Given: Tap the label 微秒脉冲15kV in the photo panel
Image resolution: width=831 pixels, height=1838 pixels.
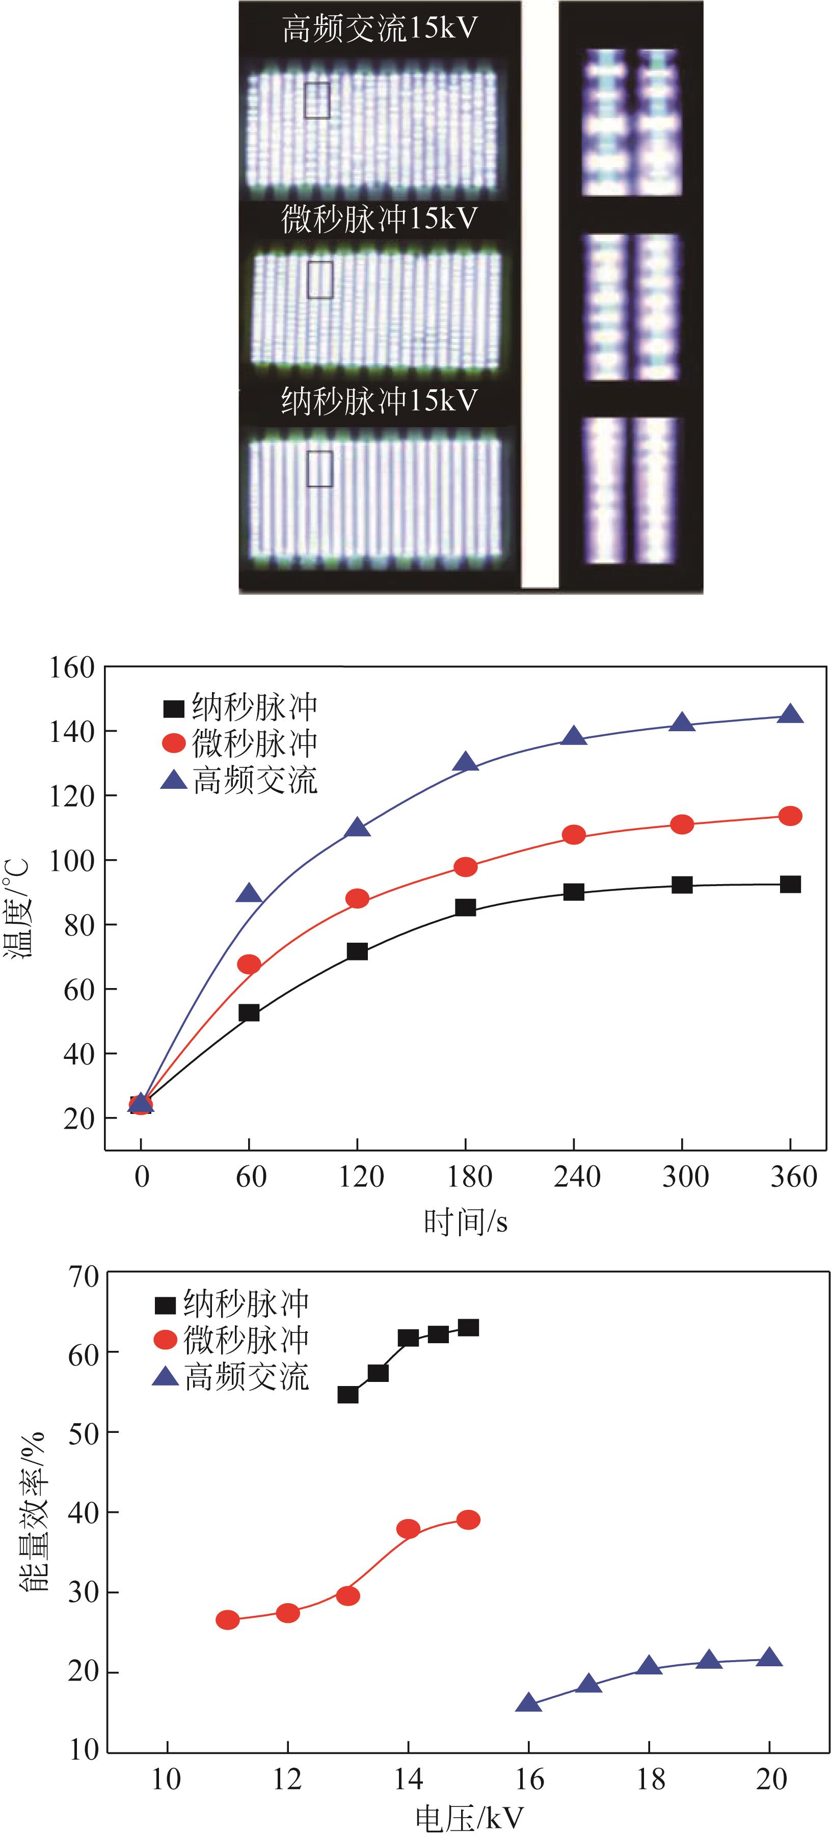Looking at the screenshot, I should pos(380,219).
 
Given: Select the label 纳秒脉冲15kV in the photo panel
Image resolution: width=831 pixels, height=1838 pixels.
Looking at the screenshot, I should pos(380,401).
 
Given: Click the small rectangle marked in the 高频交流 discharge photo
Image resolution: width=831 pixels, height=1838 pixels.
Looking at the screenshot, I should pos(317,100).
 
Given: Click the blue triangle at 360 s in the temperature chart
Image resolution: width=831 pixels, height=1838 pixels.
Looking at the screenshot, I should pos(790,714).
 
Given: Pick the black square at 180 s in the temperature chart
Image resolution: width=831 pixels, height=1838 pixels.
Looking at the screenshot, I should pos(465,908).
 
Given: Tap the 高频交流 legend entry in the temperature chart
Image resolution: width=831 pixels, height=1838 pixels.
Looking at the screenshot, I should pos(239,781).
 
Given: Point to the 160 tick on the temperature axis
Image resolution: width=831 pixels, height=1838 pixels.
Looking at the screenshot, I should pos(71,668).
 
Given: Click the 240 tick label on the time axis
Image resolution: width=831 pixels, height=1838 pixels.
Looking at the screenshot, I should pos(576,1177).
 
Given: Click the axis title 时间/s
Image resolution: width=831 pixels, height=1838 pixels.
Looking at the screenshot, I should pos(465,1222).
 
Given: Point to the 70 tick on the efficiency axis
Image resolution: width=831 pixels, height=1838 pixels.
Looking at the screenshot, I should pos(83,1276).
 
